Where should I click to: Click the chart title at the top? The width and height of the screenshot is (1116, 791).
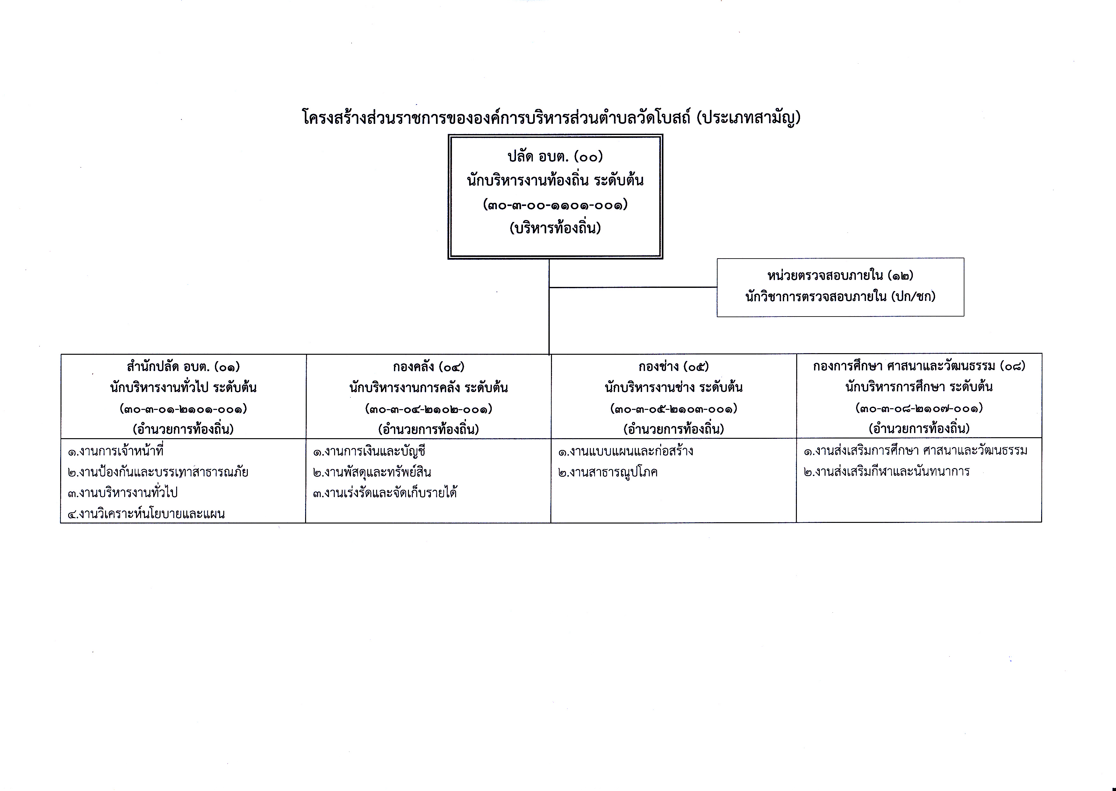(x=551, y=118)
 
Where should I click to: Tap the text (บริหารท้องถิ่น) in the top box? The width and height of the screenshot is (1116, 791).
(x=555, y=228)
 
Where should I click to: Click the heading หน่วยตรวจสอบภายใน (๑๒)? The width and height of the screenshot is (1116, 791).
(x=840, y=276)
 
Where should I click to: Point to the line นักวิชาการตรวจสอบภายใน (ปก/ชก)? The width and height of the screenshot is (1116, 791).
(x=840, y=296)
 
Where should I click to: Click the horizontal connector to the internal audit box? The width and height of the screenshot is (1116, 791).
(x=633, y=287)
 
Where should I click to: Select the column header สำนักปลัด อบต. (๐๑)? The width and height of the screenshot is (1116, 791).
(x=183, y=366)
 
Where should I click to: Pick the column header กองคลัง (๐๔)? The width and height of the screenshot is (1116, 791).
(x=429, y=366)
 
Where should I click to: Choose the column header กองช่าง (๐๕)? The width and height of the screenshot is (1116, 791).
(x=674, y=366)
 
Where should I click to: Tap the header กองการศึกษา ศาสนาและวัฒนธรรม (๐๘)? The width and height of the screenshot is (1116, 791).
(x=919, y=366)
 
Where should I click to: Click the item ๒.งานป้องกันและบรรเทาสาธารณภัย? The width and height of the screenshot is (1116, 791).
(x=158, y=472)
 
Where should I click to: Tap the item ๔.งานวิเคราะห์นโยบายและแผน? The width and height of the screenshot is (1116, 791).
(x=146, y=513)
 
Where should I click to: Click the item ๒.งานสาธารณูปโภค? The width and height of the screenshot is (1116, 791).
(x=608, y=472)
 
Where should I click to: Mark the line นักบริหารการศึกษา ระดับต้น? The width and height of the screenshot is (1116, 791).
(x=919, y=387)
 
